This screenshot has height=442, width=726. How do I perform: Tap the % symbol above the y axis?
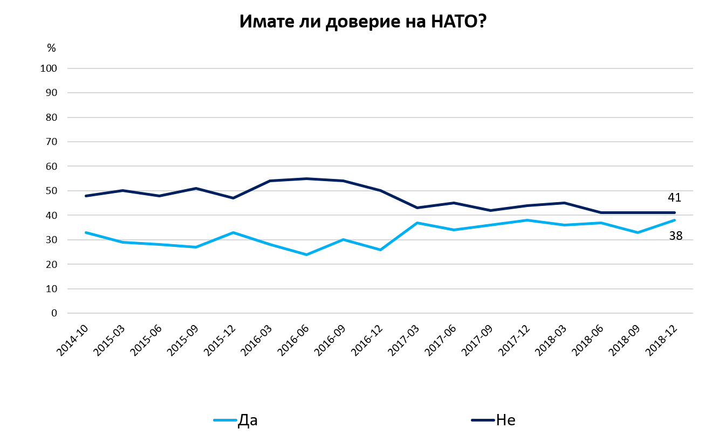tap(51, 48)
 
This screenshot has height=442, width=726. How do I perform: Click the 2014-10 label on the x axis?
tap(73, 340)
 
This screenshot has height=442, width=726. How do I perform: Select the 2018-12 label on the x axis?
tap(662, 340)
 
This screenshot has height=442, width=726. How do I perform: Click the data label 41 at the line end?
tap(675, 198)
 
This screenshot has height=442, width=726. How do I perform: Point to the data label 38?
tap(676, 236)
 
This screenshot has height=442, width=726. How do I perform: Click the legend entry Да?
tap(248, 420)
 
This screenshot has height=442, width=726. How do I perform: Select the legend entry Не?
tap(505, 420)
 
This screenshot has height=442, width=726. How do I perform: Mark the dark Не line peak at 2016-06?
tap(306, 178)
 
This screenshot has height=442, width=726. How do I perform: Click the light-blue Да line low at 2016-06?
tap(306, 254)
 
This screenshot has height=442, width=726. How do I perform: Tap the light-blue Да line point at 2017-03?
tap(417, 223)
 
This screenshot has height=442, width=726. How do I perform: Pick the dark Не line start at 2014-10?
tap(86, 196)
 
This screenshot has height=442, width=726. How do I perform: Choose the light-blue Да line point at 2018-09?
tap(638, 232)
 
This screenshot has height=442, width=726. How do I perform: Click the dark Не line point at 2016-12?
tap(380, 190)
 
